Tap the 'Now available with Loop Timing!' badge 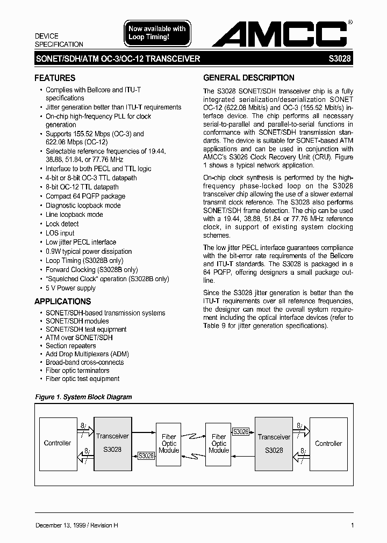pos(156,33)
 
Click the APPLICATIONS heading pos(63,302)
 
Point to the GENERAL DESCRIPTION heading pos(249,78)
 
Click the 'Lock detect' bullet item pos(62,224)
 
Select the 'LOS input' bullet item pos(60,233)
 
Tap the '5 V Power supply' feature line pos(70,288)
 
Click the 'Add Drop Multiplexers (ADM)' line pos(87,354)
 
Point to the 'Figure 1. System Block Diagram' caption pos(83,397)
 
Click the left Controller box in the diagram pos(58,443)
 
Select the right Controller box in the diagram pos(328,443)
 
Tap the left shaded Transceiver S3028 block pos(112,443)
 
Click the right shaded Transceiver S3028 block pos(274,443)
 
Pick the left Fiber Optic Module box pos(169,444)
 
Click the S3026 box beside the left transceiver pos(146,456)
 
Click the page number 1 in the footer pos(352,525)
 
